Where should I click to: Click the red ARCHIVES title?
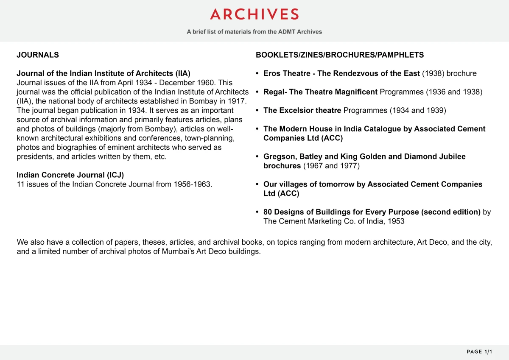coord(255,14)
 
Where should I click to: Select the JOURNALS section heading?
coord(38,55)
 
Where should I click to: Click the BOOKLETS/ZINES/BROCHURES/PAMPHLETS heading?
coord(340,55)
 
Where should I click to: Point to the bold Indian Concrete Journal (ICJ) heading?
coord(70,175)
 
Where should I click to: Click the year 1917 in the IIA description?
coord(238,101)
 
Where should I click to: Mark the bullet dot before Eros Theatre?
coord(257,74)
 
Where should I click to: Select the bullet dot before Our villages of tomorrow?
coord(257,184)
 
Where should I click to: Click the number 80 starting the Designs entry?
coord(268,212)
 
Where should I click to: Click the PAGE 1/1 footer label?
coord(479,352)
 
